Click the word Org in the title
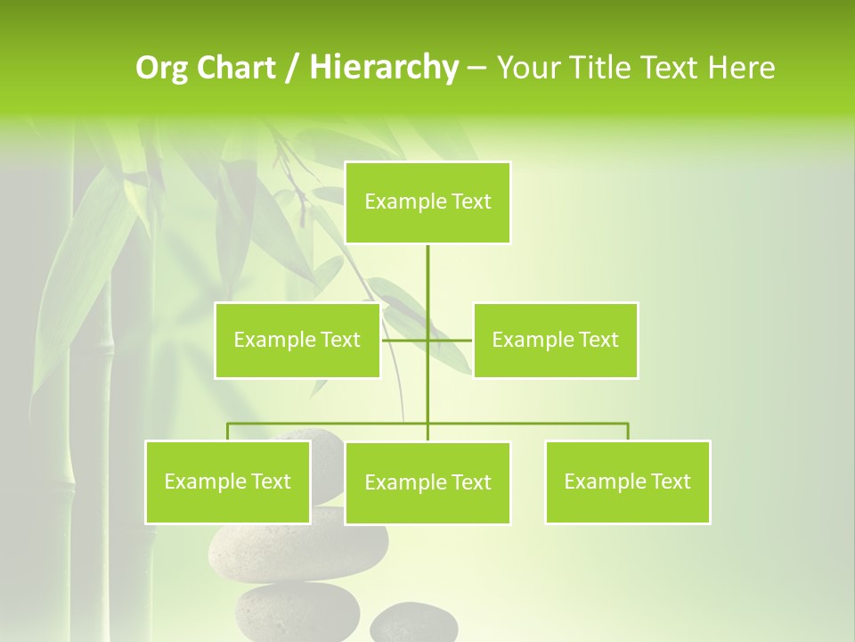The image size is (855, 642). (x=162, y=68)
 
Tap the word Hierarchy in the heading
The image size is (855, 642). (x=384, y=68)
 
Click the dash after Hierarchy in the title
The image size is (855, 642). (x=476, y=68)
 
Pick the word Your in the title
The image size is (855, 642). (x=528, y=68)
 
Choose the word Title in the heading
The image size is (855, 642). (x=601, y=68)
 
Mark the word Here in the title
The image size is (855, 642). (x=740, y=68)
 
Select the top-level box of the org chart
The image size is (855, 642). (x=427, y=202)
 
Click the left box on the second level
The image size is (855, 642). (x=297, y=340)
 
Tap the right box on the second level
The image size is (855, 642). (x=555, y=340)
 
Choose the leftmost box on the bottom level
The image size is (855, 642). (x=227, y=481)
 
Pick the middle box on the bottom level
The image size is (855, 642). (x=427, y=482)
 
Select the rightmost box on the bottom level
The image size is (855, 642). (x=627, y=481)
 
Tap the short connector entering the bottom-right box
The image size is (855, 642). (x=628, y=432)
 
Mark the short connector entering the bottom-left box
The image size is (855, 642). (x=228, y=432)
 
